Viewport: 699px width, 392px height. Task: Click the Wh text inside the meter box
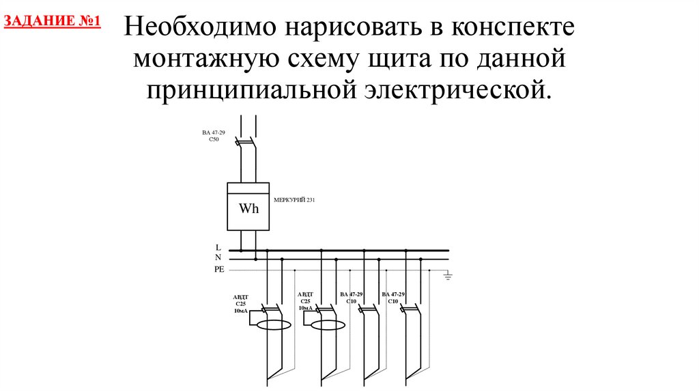pos(248,208)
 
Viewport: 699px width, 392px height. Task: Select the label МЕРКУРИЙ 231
pos(294,200)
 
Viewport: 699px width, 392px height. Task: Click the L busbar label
pos(218,247)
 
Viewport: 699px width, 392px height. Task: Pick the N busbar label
pos(218,257)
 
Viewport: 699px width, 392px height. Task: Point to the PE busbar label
pos(218,270)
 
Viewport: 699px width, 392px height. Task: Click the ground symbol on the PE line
pos(448,275)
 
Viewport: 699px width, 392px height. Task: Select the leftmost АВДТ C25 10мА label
pos(241,304)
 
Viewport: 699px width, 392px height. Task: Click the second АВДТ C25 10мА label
pos(304,300)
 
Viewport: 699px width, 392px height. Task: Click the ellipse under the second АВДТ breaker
pos(328,324)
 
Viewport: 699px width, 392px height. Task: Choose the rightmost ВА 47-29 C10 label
pos(393,298)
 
